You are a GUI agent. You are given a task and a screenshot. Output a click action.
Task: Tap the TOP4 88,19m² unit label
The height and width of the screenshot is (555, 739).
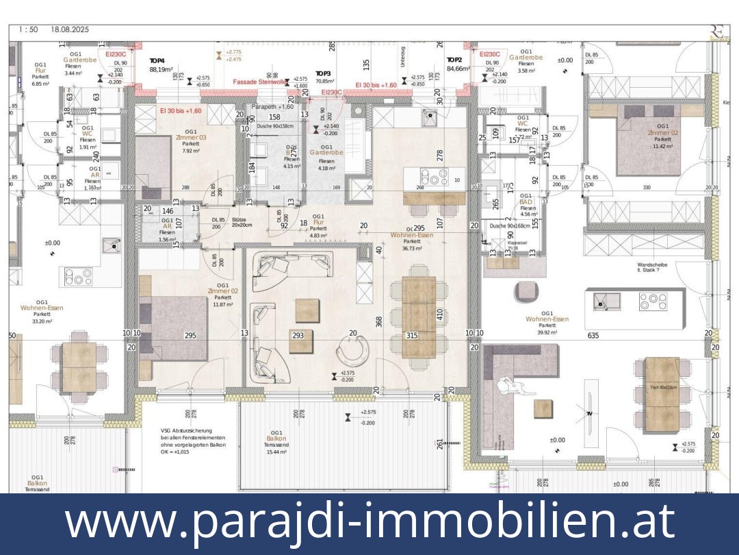161,65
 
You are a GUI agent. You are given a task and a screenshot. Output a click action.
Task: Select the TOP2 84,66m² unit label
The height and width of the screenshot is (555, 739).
458,64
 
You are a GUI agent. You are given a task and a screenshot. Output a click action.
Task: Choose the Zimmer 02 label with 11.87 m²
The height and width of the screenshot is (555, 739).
222,295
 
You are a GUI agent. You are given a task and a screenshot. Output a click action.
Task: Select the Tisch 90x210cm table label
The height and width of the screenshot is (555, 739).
662,388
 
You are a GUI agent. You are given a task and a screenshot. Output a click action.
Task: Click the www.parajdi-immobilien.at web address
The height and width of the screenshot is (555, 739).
369,522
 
